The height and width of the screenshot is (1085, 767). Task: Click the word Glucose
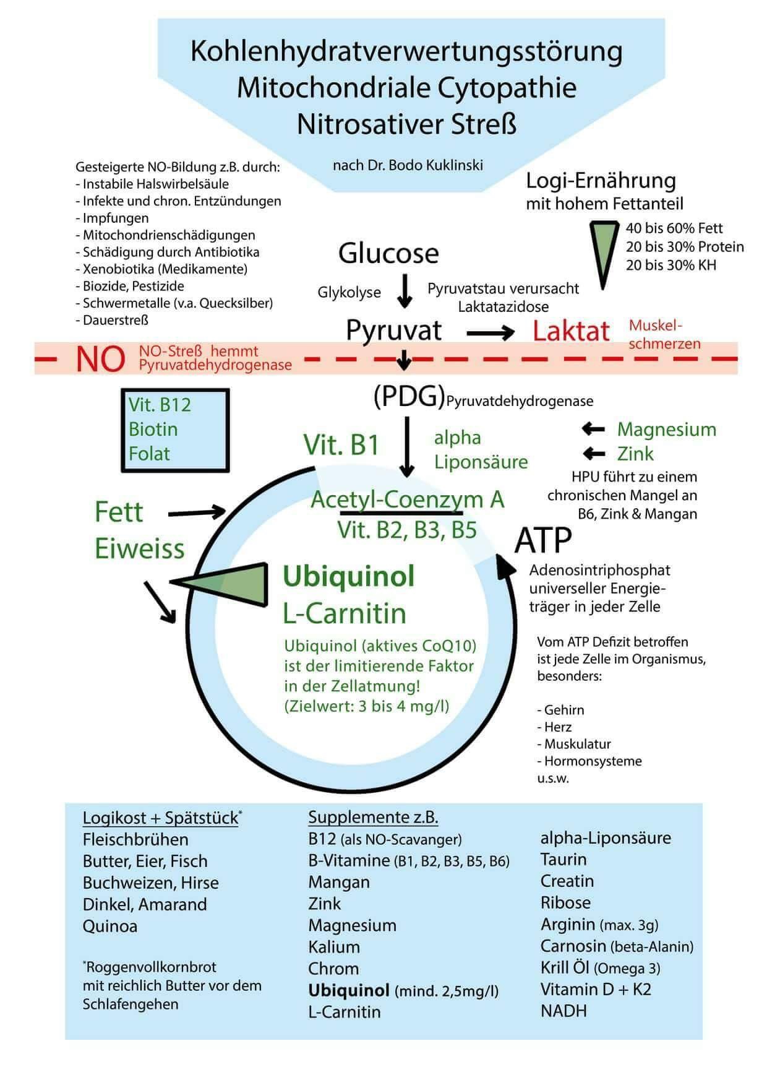click(388, 253)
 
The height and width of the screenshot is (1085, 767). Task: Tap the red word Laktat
click(571, 331)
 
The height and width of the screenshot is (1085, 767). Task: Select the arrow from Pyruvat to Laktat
click(490, 333)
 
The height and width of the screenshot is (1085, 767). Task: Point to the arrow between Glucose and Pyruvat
click(404, 290)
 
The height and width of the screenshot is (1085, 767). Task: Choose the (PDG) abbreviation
click(409, 397)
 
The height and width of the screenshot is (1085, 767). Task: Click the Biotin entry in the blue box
click(153, 429)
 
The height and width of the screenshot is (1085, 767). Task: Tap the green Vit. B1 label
click(341, 444)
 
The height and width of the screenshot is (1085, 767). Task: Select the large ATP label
click(543, 540)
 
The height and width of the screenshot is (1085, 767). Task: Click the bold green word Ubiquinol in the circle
click(348, 576)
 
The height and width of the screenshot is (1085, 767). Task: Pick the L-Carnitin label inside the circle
click(345, 613)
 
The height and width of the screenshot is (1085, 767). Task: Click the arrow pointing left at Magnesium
click(593, 429)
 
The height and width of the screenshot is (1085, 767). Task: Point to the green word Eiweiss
click(140, 548)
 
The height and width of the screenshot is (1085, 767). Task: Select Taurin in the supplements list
click(563, 859)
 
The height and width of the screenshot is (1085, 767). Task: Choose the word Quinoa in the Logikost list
click(110, 926)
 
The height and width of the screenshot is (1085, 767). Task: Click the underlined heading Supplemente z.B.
click(373, 817)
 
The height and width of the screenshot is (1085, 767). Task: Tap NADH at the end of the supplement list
click(563, 1011)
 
